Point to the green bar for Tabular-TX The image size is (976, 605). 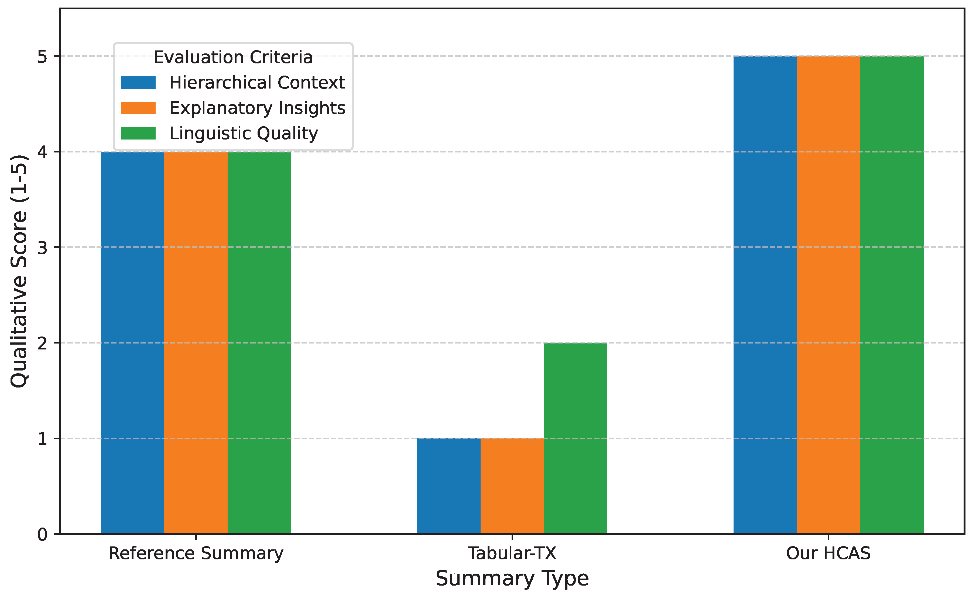tap(575, 438)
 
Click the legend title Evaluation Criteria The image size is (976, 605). tap(233, 57)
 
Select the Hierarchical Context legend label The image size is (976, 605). tap(257, 83)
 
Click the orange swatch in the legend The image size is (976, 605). tap(138, 108)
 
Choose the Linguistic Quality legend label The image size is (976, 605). tap(244, 133)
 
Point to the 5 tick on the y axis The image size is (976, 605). tap(42, 56)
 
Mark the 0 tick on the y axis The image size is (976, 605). tap(42, 535)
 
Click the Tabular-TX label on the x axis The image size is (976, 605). tap(512, 554)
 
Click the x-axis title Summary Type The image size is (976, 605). tap(512, 579)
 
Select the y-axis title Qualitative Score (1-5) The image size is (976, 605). tap(19, 271)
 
